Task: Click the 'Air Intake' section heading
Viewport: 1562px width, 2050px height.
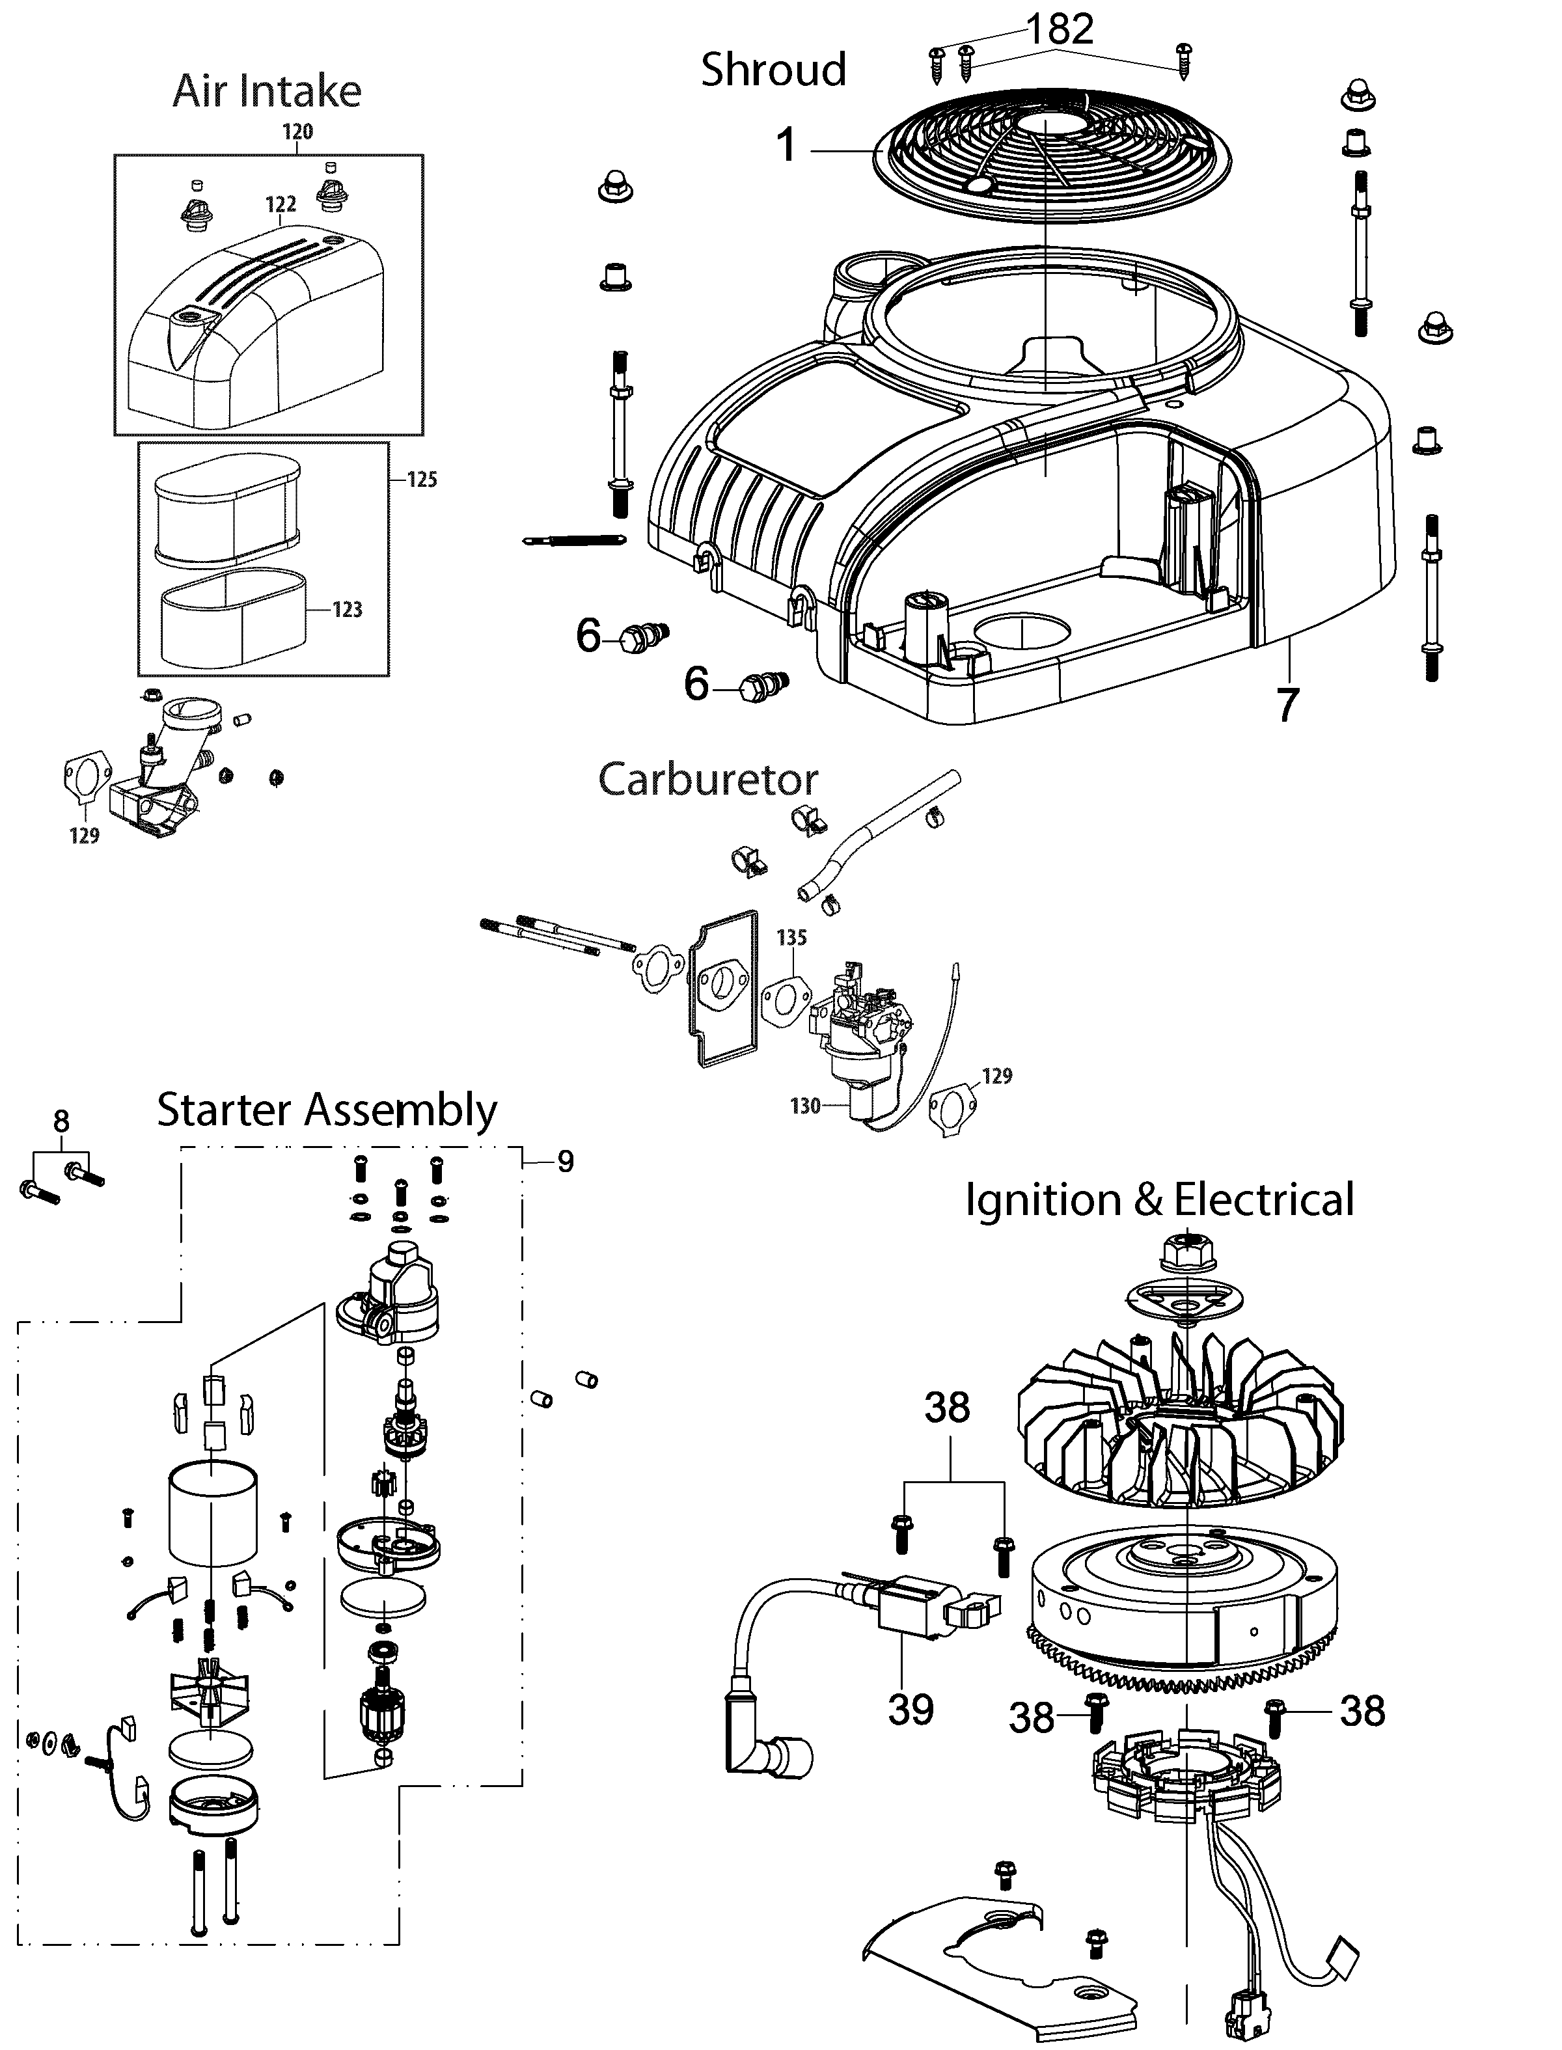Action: (267, 91)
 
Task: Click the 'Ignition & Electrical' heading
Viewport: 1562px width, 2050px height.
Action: (1159, 1199)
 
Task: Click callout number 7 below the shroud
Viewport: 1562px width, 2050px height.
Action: (1287, 705)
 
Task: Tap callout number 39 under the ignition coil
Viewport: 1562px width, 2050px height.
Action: (911, 1709)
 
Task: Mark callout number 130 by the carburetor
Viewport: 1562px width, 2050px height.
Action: (805, 1106)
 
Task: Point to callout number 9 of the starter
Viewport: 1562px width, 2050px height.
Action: (566, 1161)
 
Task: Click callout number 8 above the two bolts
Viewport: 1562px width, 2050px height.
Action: (61, 1121)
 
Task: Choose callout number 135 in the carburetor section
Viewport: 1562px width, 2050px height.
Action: (791, 937)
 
